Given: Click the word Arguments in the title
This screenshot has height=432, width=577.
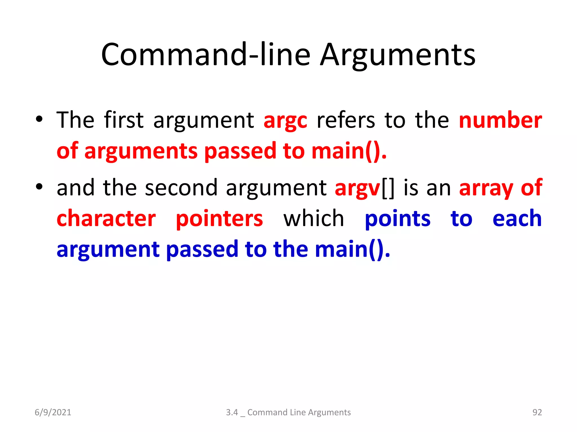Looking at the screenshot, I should click(x=398, y=55).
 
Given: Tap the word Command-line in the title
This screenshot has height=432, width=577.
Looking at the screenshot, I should click(x=206, y=55).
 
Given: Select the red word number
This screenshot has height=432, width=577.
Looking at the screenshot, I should click(x=500, y=120).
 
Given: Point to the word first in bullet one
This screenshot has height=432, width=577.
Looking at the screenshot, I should click(x=124, y=120).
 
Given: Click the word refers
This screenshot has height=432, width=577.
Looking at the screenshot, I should click(x=346, y=120).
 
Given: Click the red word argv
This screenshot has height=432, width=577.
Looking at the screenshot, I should click(x=358, y=188).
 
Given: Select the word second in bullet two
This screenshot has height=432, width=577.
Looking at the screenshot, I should click(x=181, y=188).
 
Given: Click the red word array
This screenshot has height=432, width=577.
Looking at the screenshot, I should click(x=486, y=188).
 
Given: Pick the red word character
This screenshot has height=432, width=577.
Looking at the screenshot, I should click(x=106, y=219).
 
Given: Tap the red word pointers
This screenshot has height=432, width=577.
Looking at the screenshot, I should click(x=219, y=219).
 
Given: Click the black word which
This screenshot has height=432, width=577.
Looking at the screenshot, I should click(x=314, y=219).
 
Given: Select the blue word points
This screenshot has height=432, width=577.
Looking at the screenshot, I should click(x=398, y=219).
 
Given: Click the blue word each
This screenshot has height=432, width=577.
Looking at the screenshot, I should click(x=517, y=219).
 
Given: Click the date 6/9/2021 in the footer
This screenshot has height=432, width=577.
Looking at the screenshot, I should click(x=53, y=412).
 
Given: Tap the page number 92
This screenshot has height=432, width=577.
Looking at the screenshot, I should click(x=537, y=412).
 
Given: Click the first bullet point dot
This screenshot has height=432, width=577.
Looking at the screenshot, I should click(x=39, y=119).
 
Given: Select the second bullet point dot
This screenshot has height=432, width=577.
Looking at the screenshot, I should click(x=39, y=187).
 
